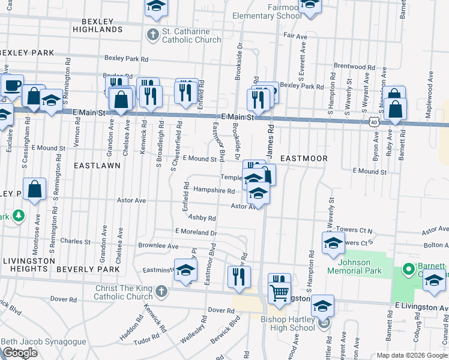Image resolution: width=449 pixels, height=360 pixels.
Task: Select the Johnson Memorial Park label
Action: point(355,266)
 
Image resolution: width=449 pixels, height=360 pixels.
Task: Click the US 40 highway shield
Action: point(373,121)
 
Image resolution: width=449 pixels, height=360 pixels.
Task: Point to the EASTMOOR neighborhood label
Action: point(304,158)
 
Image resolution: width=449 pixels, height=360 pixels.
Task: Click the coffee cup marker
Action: point(11,85)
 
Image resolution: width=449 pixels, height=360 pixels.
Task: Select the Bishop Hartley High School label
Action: point(288,323)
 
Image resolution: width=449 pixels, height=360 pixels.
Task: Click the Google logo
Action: point(20,353)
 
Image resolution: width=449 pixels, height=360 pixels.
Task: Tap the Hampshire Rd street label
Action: point(214,190)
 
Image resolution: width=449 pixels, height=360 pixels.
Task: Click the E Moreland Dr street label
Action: point(196,232)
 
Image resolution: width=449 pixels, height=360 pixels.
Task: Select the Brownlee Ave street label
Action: point(158,246)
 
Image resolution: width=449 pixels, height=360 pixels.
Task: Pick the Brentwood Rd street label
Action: point(354,66)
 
